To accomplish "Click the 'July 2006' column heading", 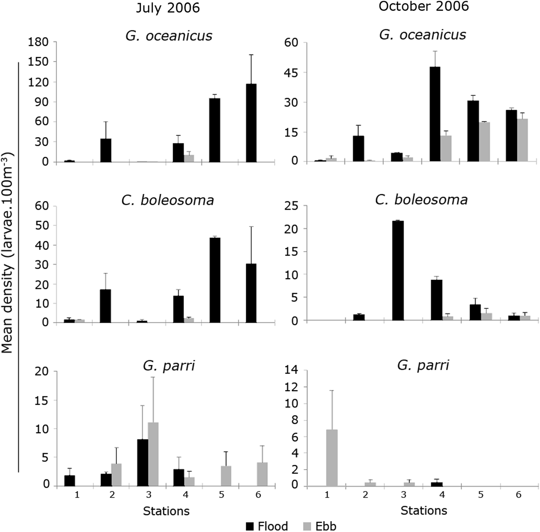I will (x=168, y=8).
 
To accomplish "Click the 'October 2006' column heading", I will (x=424, y=6).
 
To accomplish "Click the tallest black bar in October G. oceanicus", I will (x=435, y=114).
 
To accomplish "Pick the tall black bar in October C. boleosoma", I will (x=398, y=270).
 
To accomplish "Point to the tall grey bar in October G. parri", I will (x=332, y=457).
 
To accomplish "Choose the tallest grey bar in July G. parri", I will (x=153, y=454).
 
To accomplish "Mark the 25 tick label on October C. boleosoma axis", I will (x=292, y=206).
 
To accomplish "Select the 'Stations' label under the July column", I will (x=166, y=511).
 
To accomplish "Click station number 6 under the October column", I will (x=518, y=495).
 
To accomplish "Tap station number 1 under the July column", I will (x=77, y=495).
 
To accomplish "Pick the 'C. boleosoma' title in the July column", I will (x=167, y=200).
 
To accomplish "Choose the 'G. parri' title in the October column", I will (x=423, y=365).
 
